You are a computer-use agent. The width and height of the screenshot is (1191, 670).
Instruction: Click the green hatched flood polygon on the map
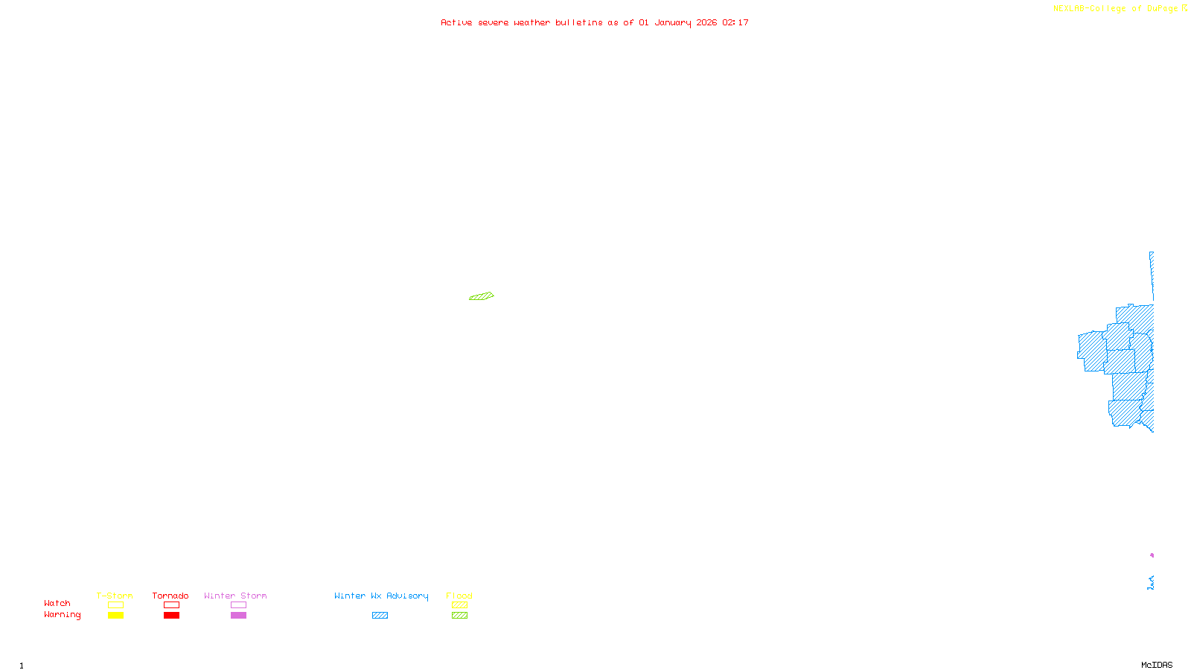tap(482, 296)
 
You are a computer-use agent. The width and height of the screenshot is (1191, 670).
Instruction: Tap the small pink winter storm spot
tap(1152, 555)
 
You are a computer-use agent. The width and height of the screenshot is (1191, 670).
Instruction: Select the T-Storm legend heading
tap(115, 596)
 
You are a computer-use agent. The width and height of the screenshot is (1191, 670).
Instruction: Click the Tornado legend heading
tap(170, 596)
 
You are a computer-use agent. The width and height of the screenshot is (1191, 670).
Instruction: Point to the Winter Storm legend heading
tap(235, 596)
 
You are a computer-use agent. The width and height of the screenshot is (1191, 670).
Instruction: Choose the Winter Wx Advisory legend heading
tap(381, 596)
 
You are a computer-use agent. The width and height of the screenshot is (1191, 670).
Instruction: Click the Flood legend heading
tap(459, 596)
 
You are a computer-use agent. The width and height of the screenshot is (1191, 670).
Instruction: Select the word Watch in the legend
tap(57, 603)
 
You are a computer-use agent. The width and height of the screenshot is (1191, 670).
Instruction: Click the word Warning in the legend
tap(62, 615)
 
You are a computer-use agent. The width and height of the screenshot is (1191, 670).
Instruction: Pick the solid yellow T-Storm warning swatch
tap(115, 616)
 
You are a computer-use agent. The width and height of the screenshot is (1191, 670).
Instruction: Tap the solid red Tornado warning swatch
tap(171, 616)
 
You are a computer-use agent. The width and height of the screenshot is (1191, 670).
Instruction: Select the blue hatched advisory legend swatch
tap(380, 616)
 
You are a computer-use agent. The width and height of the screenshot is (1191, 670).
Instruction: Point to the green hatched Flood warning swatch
tap(459, 616)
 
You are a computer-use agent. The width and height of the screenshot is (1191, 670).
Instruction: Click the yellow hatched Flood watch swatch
tap(459, 605)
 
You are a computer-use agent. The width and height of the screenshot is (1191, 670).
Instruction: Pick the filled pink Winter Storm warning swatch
tap(238, 616)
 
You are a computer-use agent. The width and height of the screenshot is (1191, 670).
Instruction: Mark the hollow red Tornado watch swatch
tap(171, 605)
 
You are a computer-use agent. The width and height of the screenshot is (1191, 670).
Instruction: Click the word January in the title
tap(673, 22)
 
